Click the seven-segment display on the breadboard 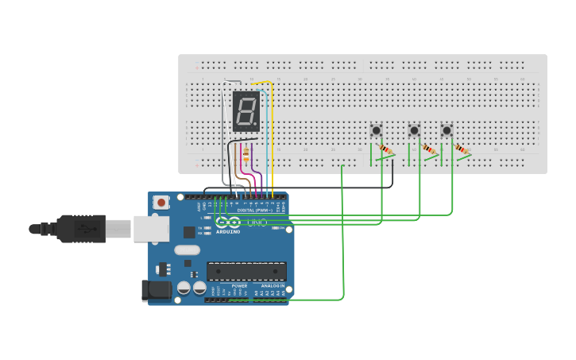point(246,111)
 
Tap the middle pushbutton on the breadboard point(413,130)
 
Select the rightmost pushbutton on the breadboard point(446,130)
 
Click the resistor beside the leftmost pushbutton point(386,149)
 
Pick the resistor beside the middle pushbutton point(429,149)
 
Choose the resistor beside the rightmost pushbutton point(462,149)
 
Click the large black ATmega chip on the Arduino point(246,271)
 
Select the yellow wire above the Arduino point(273,135)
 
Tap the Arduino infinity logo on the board point(227,223)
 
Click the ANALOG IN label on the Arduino point(271,285)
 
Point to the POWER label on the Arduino point(239,285)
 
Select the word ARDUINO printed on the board point(228,231)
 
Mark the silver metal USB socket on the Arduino point(150,229)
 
